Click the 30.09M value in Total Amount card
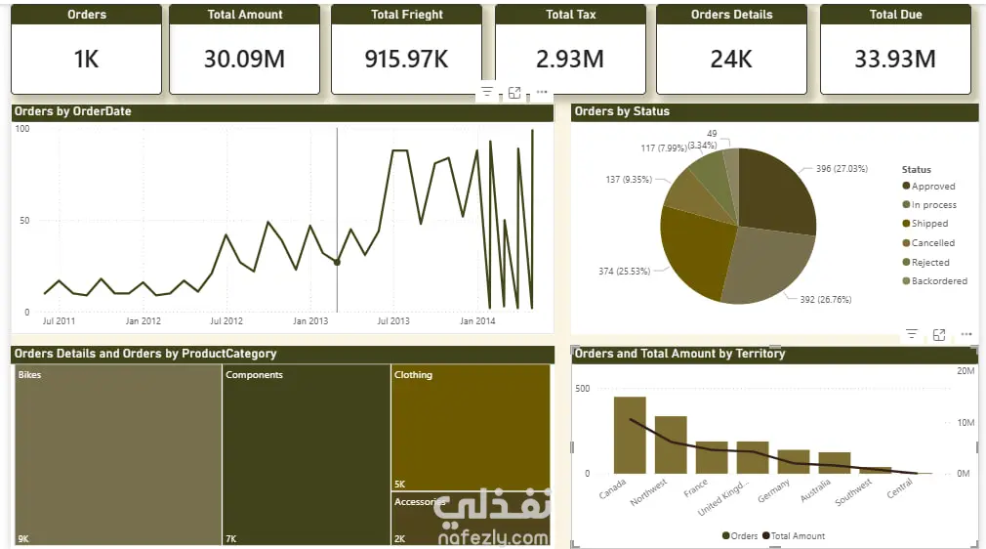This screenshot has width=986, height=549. coord(244,60)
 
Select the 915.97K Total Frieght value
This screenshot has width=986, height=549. coord(406,60)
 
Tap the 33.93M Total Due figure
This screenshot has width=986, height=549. coord(895,60)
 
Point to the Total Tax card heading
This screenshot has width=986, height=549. coord(570,15)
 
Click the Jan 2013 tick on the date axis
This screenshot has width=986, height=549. coord(310,321)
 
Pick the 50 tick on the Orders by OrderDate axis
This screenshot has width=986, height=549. coord(24,221)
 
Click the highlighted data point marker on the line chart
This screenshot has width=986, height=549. coord(337,262)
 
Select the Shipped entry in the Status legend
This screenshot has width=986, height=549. coord(925,224)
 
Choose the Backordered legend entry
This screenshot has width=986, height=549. coord(934,280)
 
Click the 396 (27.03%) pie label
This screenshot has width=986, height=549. coord(842,169)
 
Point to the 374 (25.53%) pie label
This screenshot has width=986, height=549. coord(624,272)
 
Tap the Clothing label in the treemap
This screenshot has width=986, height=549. coord(413,374)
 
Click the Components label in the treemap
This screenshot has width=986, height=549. coord(254,374)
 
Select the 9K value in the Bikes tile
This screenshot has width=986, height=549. coord(23,539)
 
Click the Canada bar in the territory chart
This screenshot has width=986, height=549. coord(630,435)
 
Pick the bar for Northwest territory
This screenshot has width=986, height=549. coord(671,444)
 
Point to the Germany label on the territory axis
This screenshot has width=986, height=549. coord(773,490)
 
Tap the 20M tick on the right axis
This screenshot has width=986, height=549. coord(965,371)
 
